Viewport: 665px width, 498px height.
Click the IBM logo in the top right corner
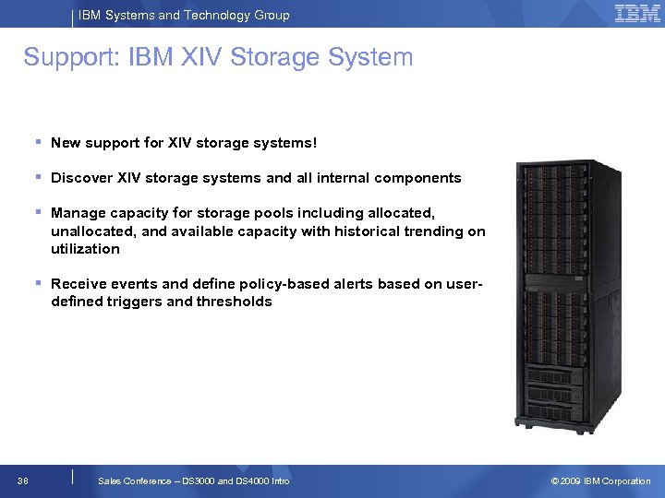(637, 13)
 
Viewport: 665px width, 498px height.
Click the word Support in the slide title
(66, 57)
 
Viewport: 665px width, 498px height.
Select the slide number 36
(22, 480)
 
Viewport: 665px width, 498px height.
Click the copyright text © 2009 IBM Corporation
(600, 480)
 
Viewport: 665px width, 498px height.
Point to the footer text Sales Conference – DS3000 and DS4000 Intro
(193, 480)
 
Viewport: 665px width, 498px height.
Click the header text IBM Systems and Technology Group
(184, 15)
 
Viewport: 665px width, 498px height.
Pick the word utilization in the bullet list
(85, 249)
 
